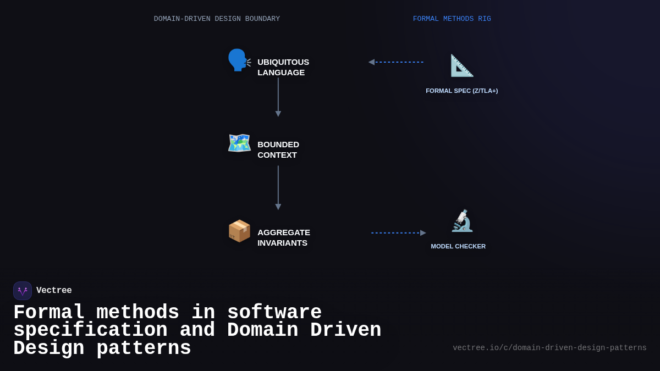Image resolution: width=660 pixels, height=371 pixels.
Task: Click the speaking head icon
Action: [x=239, y=60]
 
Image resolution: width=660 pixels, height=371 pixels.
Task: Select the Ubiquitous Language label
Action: [x=283, y=67]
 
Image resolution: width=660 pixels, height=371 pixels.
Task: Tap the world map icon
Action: [x=239, y=143]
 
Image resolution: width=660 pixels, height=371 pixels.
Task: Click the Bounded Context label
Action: [x=278, y=149]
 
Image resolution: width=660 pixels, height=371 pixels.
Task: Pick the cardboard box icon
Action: [x=239, y=231]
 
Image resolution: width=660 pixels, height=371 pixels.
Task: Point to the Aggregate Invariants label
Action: [x=283, y=237]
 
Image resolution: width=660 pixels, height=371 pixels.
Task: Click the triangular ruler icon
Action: [x=461, y=65]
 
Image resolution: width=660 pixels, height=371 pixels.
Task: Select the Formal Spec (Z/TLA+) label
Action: [x=461, y=91]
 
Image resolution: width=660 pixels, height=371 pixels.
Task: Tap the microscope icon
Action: [x=461, y=221]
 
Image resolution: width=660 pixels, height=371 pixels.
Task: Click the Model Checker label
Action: [x=458, y=246]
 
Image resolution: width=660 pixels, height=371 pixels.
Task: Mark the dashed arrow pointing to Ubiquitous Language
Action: [x=396, y=62]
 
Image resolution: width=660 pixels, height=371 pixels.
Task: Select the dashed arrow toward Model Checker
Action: [x=398, y=233]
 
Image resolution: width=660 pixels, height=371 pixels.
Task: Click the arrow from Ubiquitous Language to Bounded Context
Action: [x=278, y=97]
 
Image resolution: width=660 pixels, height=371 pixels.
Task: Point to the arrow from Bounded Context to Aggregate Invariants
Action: [x=278, y=187]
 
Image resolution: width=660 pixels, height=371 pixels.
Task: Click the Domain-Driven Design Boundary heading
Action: [x=217, y=19]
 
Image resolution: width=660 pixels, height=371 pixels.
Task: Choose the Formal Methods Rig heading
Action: [x=452, y=19]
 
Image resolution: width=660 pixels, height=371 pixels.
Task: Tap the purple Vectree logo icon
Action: [x=23, y=291]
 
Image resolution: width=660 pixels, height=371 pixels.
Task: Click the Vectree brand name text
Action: [x=54, y=291]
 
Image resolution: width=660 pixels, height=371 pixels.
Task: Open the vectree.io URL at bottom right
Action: [x=549, y=348]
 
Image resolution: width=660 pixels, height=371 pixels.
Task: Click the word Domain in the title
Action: [x=262, y=330]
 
